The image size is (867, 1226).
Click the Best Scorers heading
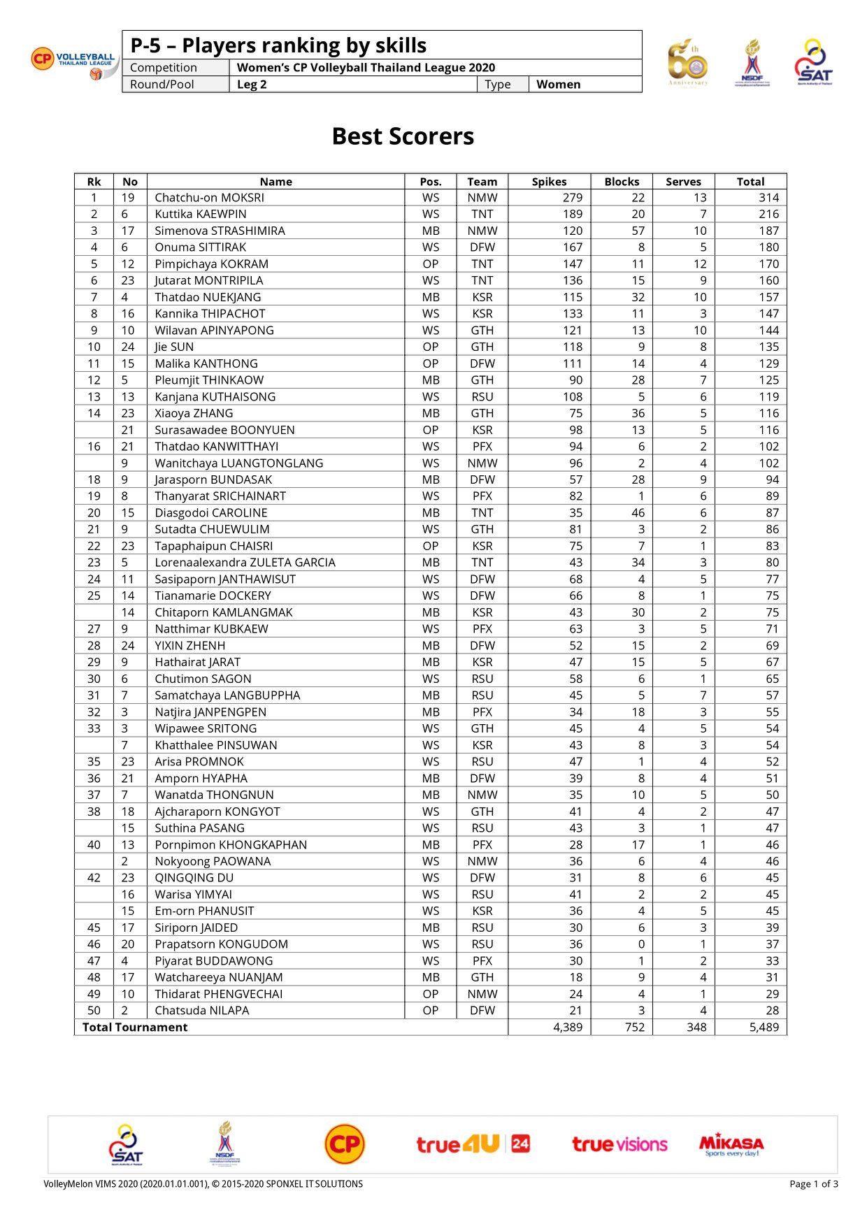[403, 136]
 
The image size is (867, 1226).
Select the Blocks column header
[622, 182]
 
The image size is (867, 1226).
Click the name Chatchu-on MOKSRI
[209, 198]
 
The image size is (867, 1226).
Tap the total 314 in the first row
[768, 198]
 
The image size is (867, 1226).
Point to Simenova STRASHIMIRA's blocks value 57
[638, 231]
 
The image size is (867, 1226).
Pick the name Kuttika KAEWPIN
[200, 214]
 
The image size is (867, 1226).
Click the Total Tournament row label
[135, 1027]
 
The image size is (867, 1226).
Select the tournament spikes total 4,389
[567, 1027]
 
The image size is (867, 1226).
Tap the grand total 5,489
[764, 1027]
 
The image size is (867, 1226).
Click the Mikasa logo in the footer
[731, 1144]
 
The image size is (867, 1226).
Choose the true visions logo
[619, 1144]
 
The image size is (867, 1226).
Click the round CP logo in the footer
[345, 1144]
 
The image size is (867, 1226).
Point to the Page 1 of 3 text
[813, 1184]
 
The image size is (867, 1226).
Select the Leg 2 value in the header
[252, 85]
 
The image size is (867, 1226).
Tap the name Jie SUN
[174, 347]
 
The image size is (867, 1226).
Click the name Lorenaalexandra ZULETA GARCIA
[245, 563]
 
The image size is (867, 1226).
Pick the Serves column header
[683, 182]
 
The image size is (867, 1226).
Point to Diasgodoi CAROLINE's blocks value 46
[638, 512]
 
